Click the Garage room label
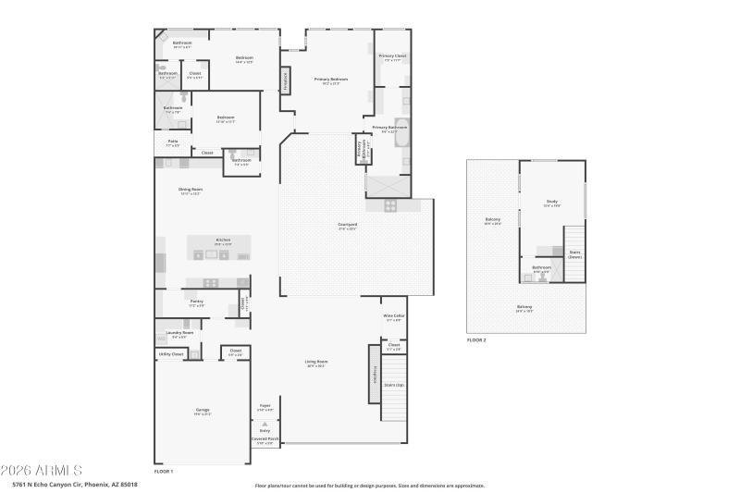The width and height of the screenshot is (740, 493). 202,411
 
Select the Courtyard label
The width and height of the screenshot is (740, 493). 347,226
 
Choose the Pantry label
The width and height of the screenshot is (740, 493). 196,302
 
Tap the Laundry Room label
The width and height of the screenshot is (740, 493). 179,333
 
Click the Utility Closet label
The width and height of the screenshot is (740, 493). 171,353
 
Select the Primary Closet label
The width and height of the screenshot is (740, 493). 392,57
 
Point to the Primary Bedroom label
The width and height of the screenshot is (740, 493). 330,80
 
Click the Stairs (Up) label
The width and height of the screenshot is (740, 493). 393,384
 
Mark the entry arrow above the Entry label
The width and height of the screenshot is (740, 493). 265,423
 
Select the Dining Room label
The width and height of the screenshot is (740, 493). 190,191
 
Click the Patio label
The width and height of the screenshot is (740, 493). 172,142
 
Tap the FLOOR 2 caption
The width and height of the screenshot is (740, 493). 476,340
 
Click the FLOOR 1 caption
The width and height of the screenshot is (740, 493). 164,472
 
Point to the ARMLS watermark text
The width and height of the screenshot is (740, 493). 42,471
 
